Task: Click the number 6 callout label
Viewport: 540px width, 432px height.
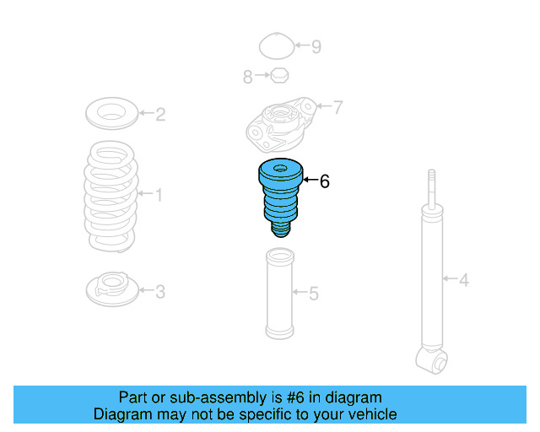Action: [325, 181]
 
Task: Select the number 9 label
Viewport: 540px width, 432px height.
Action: [316, 46]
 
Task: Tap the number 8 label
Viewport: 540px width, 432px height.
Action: [248, 77]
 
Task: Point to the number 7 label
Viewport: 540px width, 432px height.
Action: [337, 107]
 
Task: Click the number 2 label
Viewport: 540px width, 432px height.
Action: [160, 114]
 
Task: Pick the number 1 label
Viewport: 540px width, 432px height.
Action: [158, 196]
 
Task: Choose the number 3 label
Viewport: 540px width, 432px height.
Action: [159, 292]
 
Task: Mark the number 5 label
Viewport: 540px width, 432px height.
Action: [313, 294]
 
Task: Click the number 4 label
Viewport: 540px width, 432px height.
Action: [463, 279]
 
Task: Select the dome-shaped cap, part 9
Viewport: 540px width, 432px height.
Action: [274, 46]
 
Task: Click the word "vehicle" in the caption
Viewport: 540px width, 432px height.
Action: [370, 414]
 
